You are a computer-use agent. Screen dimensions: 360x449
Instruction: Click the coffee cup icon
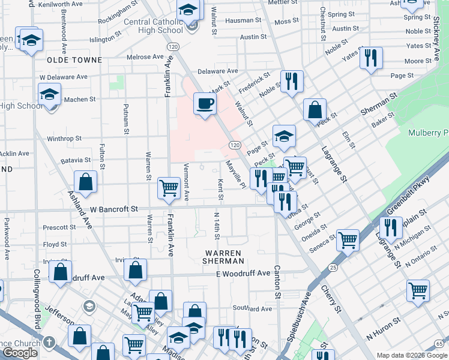(205, 104)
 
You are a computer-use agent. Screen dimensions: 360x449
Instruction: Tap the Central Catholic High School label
(153, 26)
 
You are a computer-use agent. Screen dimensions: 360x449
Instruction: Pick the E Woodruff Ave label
(243, 273)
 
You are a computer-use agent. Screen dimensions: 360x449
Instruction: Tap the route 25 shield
(333, 266)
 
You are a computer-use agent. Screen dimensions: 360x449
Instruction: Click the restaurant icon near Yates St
(370, 58)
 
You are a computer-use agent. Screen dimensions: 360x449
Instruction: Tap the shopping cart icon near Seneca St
(348, 240)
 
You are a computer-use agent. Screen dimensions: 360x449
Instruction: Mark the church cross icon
(50, 343)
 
